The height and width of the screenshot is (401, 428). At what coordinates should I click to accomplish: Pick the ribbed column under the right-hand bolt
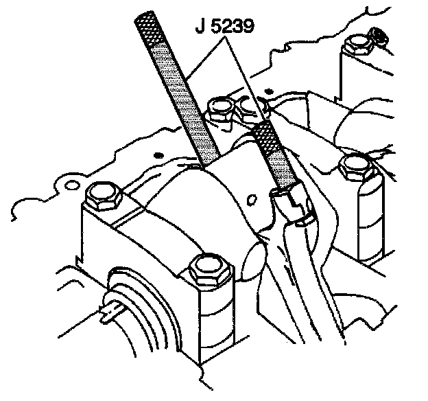point(364,220)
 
